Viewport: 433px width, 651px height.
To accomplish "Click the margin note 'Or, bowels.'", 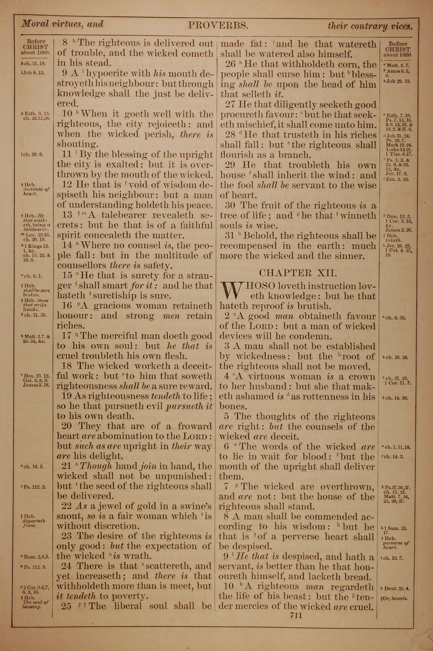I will point(394,599).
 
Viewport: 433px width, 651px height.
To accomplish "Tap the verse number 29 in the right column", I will point(230,165).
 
